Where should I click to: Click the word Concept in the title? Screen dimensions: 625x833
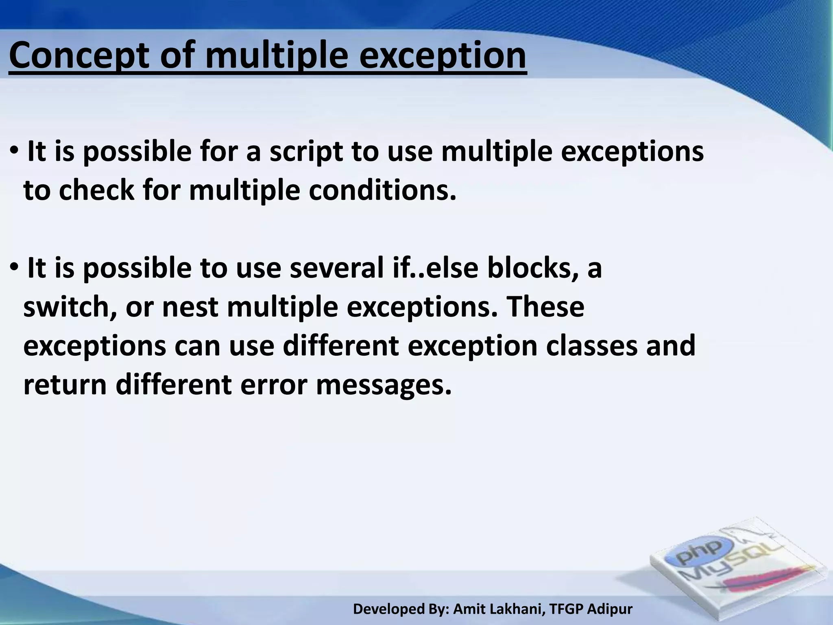click(x=79, y=56)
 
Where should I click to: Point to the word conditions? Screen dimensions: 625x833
click(x=382, y=190)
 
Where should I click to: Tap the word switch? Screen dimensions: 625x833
click(x=67, y=307)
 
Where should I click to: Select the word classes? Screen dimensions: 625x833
click(x=592, y=346)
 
